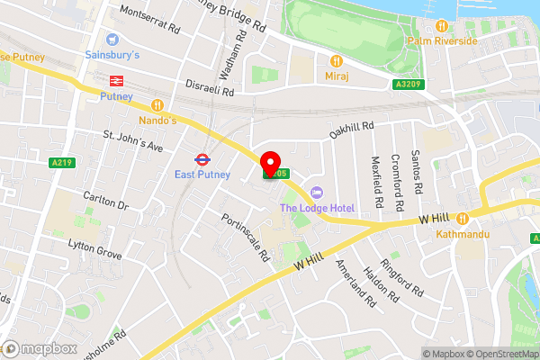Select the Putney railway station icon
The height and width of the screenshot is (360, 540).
pyautogui.click(x=115, y=80)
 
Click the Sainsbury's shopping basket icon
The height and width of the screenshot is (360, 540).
pyautogui.click(x=112, y=40)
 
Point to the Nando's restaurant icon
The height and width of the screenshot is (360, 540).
pyautogui.click(x=157, y=104)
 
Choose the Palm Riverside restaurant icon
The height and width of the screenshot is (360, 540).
pyautogui.click(x=441, y=26)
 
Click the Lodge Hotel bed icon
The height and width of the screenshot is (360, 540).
pyautogui.click(x=316, y=193)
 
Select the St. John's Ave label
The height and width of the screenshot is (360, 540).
pyautogui.click(x=132, y=141)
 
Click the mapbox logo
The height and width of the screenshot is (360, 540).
pyautogui.click(x=37, y=347)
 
